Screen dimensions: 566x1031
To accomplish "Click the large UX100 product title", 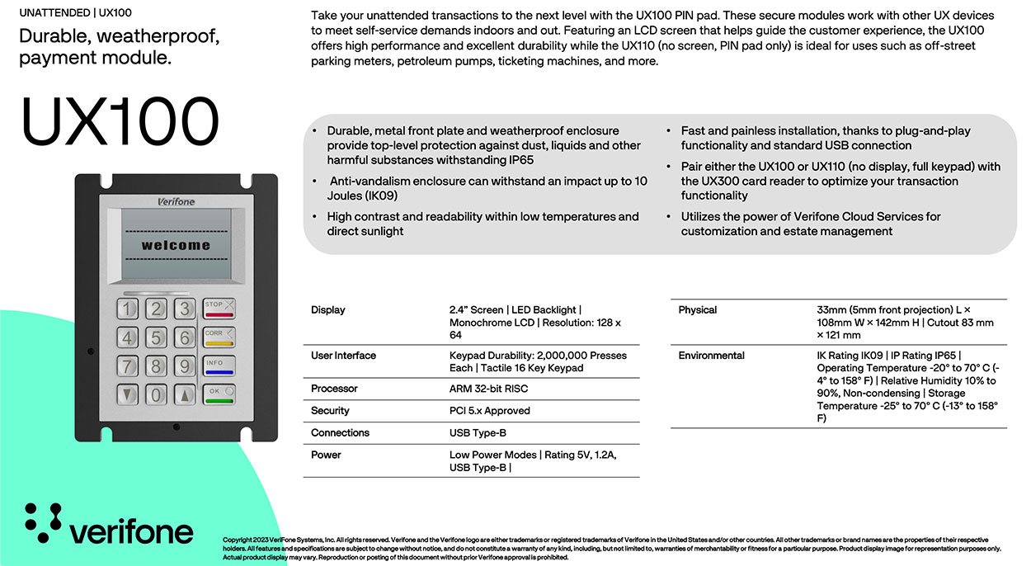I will tap(120, 123).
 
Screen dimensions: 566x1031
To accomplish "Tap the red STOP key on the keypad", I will tap(219, 309).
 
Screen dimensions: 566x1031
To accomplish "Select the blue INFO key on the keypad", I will tap(219, 366).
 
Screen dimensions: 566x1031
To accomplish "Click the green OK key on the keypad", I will tap(219, 394).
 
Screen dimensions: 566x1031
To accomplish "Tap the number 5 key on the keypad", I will tap(155, 337).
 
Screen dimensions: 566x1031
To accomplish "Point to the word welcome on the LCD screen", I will tap(175, 245).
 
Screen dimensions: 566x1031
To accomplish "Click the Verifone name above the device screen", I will tap(175, 201).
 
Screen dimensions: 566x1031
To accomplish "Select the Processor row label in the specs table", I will tap(333, 389).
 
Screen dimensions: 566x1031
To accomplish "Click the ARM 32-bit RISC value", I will tap(488, 389).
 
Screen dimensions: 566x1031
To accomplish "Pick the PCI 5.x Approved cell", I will tap(489, 411).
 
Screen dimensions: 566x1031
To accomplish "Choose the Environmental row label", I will tap(711, 356).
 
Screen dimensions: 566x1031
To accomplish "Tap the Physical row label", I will tap(697, 310).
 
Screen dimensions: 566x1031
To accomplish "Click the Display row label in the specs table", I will tap(327, 310).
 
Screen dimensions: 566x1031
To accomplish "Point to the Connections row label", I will tap(340, 433).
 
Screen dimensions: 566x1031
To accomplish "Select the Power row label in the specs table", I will tap(326, 455).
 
